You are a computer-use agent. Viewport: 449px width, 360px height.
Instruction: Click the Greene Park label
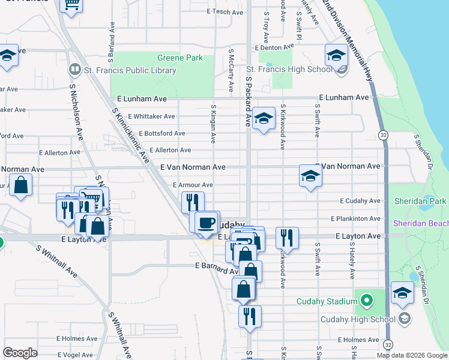(180, 58)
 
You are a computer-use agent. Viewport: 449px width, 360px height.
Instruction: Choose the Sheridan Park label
(420, 201)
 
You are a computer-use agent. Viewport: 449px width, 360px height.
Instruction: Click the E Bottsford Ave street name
(162, 133)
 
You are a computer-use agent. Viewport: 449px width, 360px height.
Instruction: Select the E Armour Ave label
(193, 185)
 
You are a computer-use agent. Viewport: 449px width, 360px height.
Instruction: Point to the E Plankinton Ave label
(358, 218)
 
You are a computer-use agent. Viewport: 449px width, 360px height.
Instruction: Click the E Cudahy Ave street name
(360, 201)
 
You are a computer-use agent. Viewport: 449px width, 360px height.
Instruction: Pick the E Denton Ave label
(273, 47)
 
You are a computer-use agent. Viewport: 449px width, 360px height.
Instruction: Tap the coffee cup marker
(207, 223)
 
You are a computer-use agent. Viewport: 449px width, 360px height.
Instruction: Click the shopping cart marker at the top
(72, 5)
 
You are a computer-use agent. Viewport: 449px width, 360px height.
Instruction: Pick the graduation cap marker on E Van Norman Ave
(310, 176)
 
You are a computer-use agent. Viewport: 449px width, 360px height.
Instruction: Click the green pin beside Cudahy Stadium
(365, 298)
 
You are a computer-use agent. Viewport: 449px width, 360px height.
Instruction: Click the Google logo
(20, 353)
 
